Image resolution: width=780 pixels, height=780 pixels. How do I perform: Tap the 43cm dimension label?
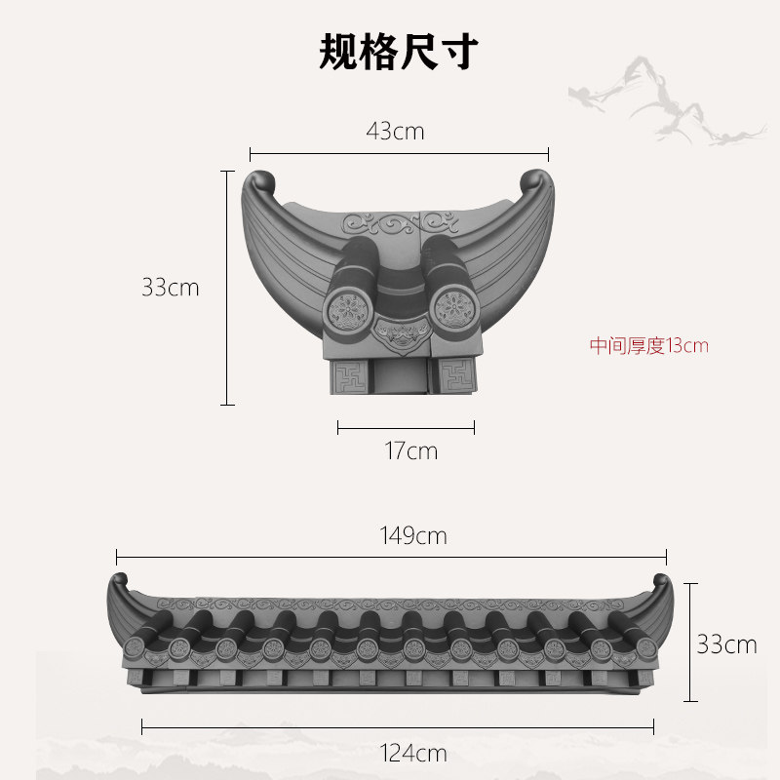pyautogui.click(x=395, y=131)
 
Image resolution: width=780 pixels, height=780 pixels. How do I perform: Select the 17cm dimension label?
pyautogui.click(x=410, y=450)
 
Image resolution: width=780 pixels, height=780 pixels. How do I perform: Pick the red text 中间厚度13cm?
pyautogui.click(x=648, y=345)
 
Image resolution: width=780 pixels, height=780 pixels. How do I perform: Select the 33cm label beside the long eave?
pyautogui.click(x=725, y=643)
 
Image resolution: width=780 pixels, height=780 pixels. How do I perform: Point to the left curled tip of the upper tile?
pyautogui.click(x=260, y=182)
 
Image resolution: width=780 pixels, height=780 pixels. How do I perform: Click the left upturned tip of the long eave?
pyautogui.click(x=117, y=587)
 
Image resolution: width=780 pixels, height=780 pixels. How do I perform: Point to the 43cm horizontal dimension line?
pyautogui.click(x=399, y=153)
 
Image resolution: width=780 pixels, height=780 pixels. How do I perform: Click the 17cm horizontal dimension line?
pyautogui.click(x=406, y=426)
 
